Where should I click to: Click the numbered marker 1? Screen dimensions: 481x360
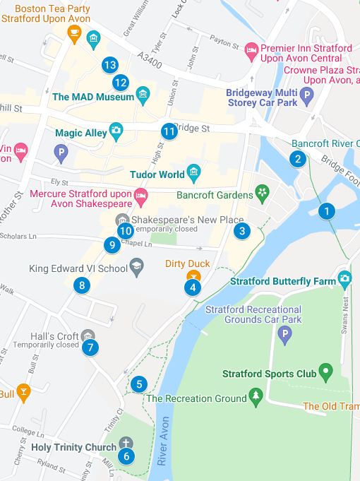[326, 210]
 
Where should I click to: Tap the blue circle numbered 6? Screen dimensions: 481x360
[126, 456]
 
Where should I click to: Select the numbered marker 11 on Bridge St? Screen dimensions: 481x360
[169, 131]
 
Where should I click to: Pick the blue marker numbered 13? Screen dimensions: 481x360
[109, 65]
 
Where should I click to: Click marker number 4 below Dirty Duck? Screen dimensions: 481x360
[192, 287]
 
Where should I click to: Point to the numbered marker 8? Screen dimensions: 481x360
[83, 285]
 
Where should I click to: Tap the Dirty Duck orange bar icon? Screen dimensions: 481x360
[192, 275]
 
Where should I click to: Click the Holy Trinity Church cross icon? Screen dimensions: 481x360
[126, 443]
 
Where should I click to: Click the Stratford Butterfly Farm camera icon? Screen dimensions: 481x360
[344, 278]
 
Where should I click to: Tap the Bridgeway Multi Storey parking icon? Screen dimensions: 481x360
[306, 95]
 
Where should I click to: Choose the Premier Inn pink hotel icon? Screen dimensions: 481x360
[251, 49]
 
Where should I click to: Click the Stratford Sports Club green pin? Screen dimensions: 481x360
[325, 371]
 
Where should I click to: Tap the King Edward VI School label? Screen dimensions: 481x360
[78, 268]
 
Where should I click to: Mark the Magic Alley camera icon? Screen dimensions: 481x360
[116, 131]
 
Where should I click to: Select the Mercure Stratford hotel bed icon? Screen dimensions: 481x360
[140, 194]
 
